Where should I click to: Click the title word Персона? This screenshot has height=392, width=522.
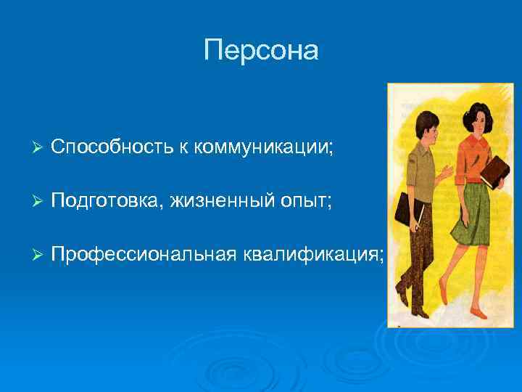tap(261, 50)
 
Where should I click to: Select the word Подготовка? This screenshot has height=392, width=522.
tap(107, 200)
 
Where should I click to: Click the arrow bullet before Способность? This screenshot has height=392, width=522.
tap(39, 148)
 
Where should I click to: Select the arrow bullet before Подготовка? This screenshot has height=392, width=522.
tap(39, 200)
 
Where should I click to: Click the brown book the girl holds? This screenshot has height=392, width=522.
tap(496, 172)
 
